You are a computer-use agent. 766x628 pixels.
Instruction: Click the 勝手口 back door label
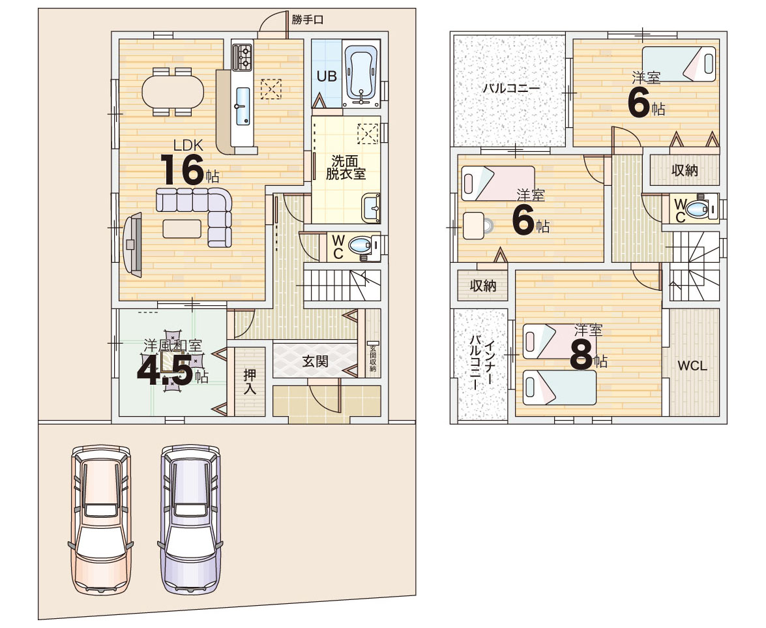click(307, 20)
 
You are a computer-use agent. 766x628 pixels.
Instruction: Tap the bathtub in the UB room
click(361, 74)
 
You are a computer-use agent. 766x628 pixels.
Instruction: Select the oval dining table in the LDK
click(173, 92)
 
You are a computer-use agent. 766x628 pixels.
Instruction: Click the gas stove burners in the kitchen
click(243, 57)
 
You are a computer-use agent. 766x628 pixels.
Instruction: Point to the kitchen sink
click(243, 106)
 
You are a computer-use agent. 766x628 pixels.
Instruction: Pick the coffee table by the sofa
click(182, 229)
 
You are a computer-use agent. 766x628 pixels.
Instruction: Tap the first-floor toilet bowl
click(360, 245)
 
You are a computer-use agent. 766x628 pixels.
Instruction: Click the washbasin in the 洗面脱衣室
click(371, 208)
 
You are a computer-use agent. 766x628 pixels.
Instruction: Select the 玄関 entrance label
click(315, 361)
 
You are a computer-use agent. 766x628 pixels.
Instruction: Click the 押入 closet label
click(250, 381)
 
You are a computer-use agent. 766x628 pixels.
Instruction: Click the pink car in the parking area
click(100, 519)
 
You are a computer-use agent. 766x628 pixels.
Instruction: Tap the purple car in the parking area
click(190, 519)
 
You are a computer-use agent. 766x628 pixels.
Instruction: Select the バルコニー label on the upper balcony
click(511, 89)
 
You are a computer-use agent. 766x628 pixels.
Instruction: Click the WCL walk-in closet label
click(692, 366)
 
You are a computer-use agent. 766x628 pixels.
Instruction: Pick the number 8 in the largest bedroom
click(582, 355)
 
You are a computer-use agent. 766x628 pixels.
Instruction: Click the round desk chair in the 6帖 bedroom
click(475, 225)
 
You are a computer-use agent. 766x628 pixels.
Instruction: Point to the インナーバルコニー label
click(480, 362)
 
